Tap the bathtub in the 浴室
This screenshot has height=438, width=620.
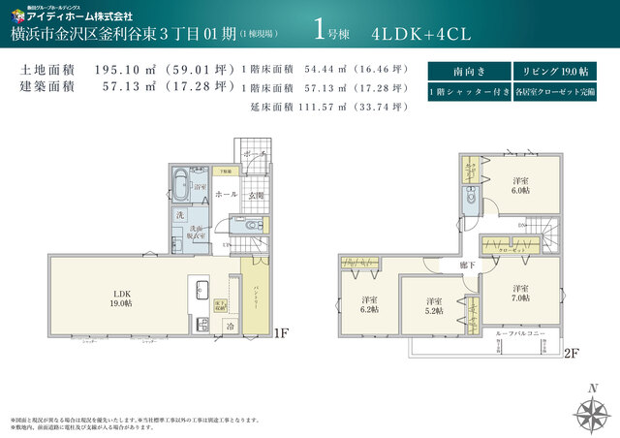(181, 184)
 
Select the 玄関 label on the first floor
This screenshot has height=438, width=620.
(256, 194)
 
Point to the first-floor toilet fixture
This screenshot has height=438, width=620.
(252, 226)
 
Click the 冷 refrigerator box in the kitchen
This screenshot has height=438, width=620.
(230, 327)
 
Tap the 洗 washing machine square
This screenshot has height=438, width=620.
(180, 214)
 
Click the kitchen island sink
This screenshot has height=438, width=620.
(201, 288)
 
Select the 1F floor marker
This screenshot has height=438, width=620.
(280, 332)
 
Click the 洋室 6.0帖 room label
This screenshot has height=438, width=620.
(521, 185)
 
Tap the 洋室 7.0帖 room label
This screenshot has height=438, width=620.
(520, 293)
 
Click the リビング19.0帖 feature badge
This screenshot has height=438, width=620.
(556, 71)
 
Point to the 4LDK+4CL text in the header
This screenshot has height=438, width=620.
(420, 33)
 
